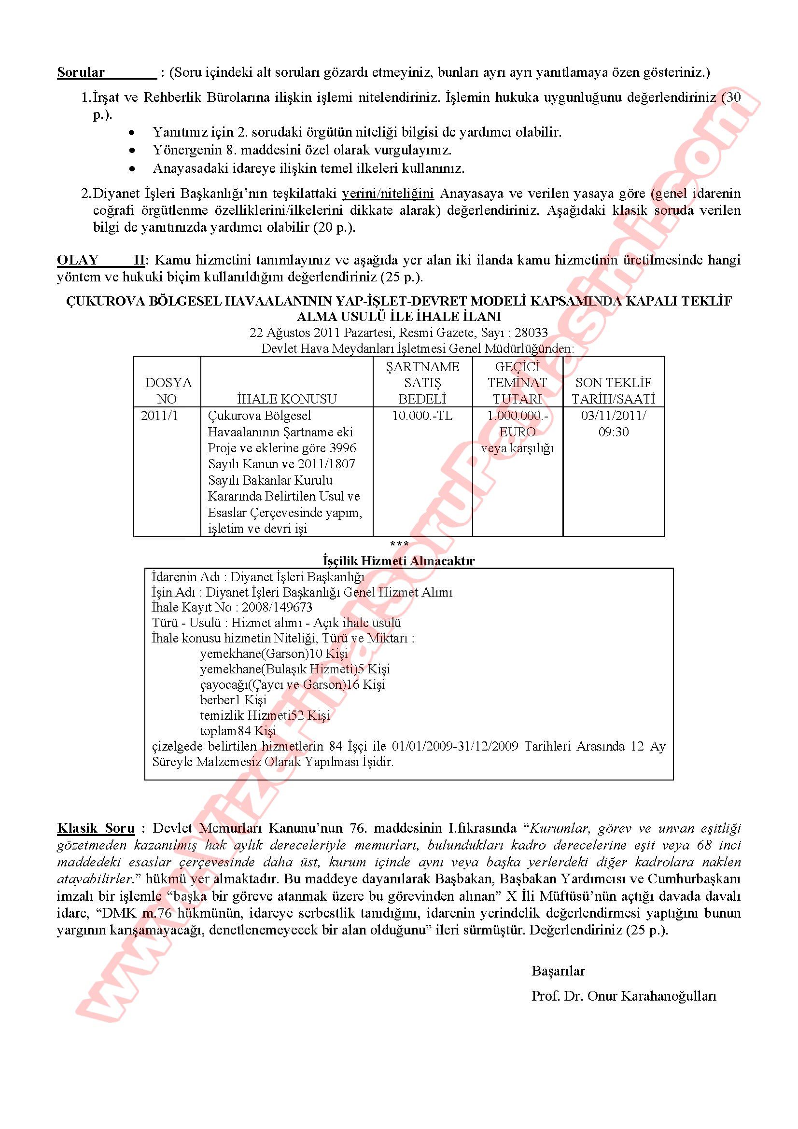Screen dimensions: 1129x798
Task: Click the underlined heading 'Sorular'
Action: (x=81, y=72)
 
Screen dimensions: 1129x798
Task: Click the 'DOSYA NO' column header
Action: (x=168, y=390)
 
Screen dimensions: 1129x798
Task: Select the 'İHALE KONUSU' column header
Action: (x=287, y=398)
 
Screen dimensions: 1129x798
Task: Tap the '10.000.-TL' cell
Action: (x=422, y=416)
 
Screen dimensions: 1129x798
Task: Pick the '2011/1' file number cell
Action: (x=159, y=416)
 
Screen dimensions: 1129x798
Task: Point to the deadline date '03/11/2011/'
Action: (x=613, y=416)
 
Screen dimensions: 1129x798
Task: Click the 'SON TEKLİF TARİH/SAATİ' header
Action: (x=613, y=390)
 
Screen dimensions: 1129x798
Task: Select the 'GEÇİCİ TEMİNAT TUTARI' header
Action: (x=517, y=383)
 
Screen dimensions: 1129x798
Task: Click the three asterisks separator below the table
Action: (x=399, y=544)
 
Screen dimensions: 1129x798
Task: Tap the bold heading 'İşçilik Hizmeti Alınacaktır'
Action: (x=399, y=560)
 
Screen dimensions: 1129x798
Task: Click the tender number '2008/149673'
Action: (x=277, y=607)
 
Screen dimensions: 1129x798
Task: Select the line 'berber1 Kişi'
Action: (x=233, y=699)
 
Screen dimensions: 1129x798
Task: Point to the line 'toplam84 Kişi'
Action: (x=238, y=730)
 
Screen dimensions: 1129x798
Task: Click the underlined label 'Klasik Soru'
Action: (x=96, y=828)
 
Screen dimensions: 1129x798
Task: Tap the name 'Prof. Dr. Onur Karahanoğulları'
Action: (x=623, y=996)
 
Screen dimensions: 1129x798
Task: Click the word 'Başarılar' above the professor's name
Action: (x=558, y=971)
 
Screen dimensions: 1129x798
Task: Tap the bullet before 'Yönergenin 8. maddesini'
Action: (x=132, y=150)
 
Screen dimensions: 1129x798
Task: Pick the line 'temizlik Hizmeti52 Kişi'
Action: (x=265, y=715)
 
